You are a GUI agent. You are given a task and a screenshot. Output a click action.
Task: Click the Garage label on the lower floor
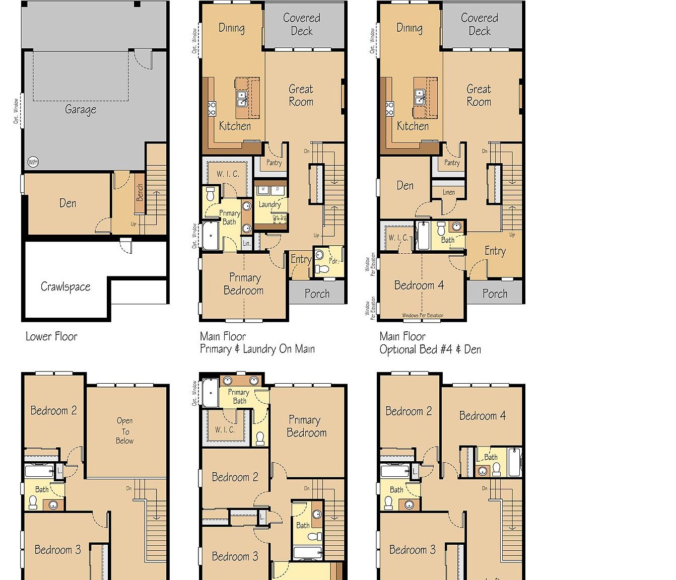pos(81,109)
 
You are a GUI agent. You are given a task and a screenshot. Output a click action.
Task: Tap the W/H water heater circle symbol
pos(33,162)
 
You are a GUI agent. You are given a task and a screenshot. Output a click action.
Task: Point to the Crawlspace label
pos(65,287)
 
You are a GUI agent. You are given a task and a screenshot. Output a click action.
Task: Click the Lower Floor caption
pos(51,336)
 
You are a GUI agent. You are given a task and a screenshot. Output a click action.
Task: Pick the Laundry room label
pos(269,204)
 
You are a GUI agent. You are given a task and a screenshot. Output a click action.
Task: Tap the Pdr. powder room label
pos(333,261)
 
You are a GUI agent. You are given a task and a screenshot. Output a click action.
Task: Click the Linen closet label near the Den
pos(449,192)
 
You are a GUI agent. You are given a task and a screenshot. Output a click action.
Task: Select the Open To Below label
pos(125,430)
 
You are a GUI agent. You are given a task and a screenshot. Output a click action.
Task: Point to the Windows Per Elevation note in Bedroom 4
pos(423,316)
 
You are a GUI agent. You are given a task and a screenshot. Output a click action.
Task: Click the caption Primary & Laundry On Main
pos(257,349)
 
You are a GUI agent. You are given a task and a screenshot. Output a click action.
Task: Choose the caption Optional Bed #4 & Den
pos(430,349)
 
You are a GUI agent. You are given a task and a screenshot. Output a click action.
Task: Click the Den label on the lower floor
pos(68,203)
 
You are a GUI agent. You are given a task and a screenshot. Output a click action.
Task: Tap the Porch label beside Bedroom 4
pos(495,294)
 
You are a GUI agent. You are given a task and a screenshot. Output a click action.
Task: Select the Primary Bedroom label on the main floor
pos(244,284)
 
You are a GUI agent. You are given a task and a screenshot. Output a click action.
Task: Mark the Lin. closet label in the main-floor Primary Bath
pos(246,243)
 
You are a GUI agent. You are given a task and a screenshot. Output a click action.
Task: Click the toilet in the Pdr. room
pos(321,269)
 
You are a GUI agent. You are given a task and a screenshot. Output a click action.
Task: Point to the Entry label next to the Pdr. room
pos(301,259)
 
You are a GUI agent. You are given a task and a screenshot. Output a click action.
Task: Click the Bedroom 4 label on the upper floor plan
pos(482,416)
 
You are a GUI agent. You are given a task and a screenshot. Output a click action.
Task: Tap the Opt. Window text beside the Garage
pos(16,111)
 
